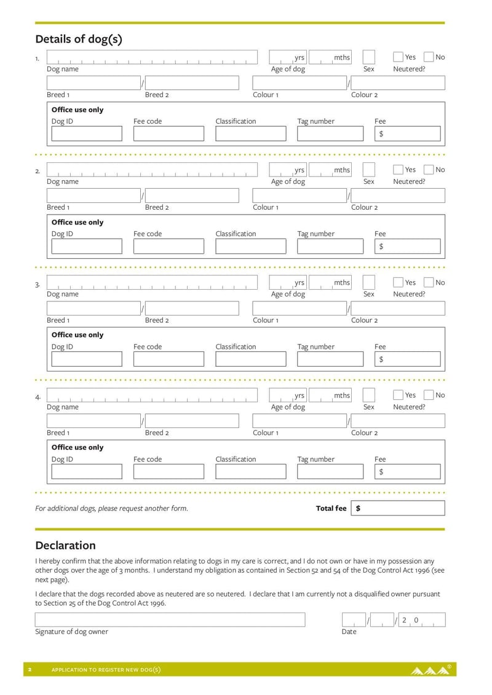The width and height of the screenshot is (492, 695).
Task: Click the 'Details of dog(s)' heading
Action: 79,39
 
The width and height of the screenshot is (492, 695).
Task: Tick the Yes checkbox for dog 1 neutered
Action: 398,57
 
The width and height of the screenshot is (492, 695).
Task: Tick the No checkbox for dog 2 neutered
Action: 429,170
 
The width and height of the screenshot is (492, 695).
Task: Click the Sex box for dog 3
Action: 368,282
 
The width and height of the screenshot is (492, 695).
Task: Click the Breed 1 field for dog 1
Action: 93,83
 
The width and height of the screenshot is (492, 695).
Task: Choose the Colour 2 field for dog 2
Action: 397,196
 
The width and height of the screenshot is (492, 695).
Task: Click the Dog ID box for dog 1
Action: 87,133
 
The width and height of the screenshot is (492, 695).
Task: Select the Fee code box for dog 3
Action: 169,359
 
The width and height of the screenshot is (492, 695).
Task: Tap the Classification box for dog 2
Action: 250,246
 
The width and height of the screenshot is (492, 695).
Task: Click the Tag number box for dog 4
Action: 330,472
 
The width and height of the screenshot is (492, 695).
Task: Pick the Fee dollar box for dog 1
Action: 407,133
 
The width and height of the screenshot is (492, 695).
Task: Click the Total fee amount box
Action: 398,508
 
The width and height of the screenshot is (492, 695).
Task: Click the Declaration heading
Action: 66,546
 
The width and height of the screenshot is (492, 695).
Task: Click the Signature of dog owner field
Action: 170,619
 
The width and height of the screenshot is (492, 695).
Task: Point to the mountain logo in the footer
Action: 430,670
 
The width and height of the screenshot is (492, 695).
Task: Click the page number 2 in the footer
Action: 30,670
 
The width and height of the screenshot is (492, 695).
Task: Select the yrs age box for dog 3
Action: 288,282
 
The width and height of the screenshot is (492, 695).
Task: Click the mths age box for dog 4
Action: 330,395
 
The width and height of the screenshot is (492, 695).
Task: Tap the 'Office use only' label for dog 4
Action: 77,447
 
